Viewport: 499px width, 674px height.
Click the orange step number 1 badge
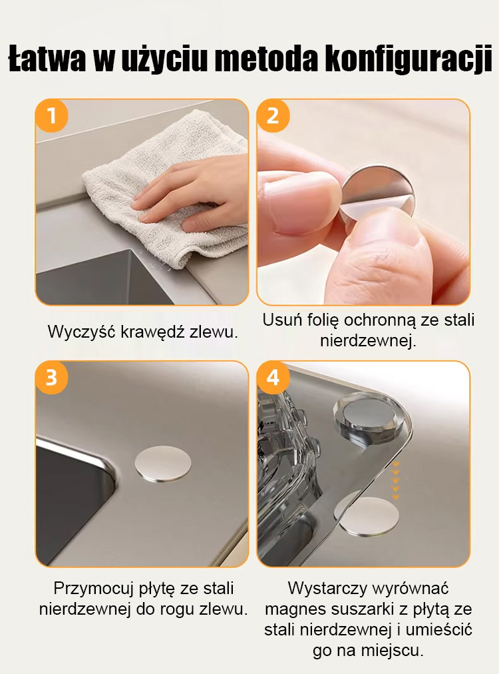(51, 116)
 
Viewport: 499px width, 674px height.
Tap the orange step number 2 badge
(273, 116)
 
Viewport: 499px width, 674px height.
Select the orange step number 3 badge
(51, 378)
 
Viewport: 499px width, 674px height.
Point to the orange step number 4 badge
(273, 378)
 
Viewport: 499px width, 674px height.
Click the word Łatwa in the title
(47, 58)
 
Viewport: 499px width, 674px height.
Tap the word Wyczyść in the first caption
(82, 332)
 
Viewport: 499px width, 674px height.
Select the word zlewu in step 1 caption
(214, 332)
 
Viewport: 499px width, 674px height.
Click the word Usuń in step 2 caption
(283, 320)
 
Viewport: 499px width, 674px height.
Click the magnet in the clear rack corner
(370, 416)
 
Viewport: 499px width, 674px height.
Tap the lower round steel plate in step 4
(367, 515)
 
